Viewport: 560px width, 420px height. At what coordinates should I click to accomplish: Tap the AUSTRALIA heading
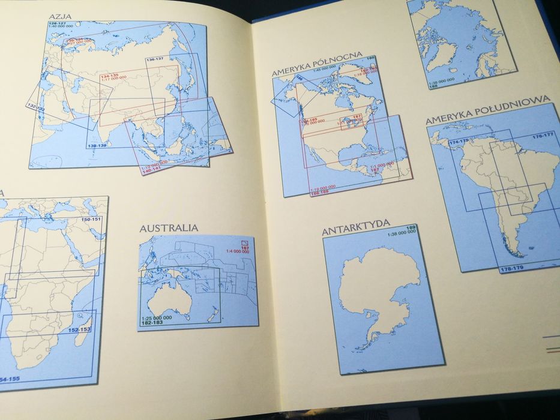tap(169, 228)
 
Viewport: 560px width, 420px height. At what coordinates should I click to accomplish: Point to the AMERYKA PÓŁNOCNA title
tap(317, 64)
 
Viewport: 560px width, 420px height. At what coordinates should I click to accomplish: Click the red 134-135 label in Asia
tap(110, 76)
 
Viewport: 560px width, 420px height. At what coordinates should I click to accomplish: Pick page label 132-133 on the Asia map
tap(35, 107)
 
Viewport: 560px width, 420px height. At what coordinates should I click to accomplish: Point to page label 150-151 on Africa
tap(92, 220)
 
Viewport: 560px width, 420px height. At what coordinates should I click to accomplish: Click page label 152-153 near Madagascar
tap(79, 329)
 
